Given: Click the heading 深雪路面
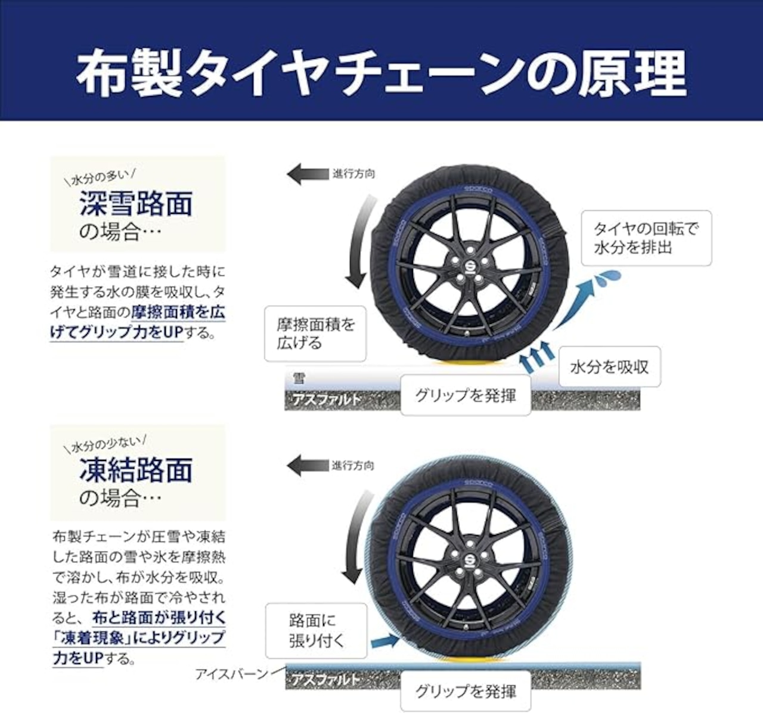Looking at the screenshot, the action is pyautogui.click(x=136, y=204).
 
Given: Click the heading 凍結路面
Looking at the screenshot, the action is pyautogui.click(x=136, y=470).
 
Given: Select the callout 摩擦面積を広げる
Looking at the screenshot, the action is pyautogui.click(x=315, y=334).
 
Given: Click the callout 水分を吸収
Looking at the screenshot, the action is pyautogui.click(x=609, y=367).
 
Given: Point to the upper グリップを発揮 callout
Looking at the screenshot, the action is pyautogui.click(x=465, y=395).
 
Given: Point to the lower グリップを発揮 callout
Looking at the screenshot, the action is pyautogui.click(x=465, y=692).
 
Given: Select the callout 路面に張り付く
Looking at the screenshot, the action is pyautogui.click(x=317, y=631).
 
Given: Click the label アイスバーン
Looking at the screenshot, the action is pyautogui.click(x=231, y=674).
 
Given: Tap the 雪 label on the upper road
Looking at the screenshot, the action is pyautogui.click(x=298, y=378).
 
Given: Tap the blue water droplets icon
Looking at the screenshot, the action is pyautogui.click(x=609, y=276).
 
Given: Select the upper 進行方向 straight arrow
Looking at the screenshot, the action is pyautogui.click(x=306, y=175).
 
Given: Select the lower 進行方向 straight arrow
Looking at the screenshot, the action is pyautogui.click(x=306, y=465).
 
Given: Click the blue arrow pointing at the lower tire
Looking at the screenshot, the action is pyautogui.click(x=384, y=641).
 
